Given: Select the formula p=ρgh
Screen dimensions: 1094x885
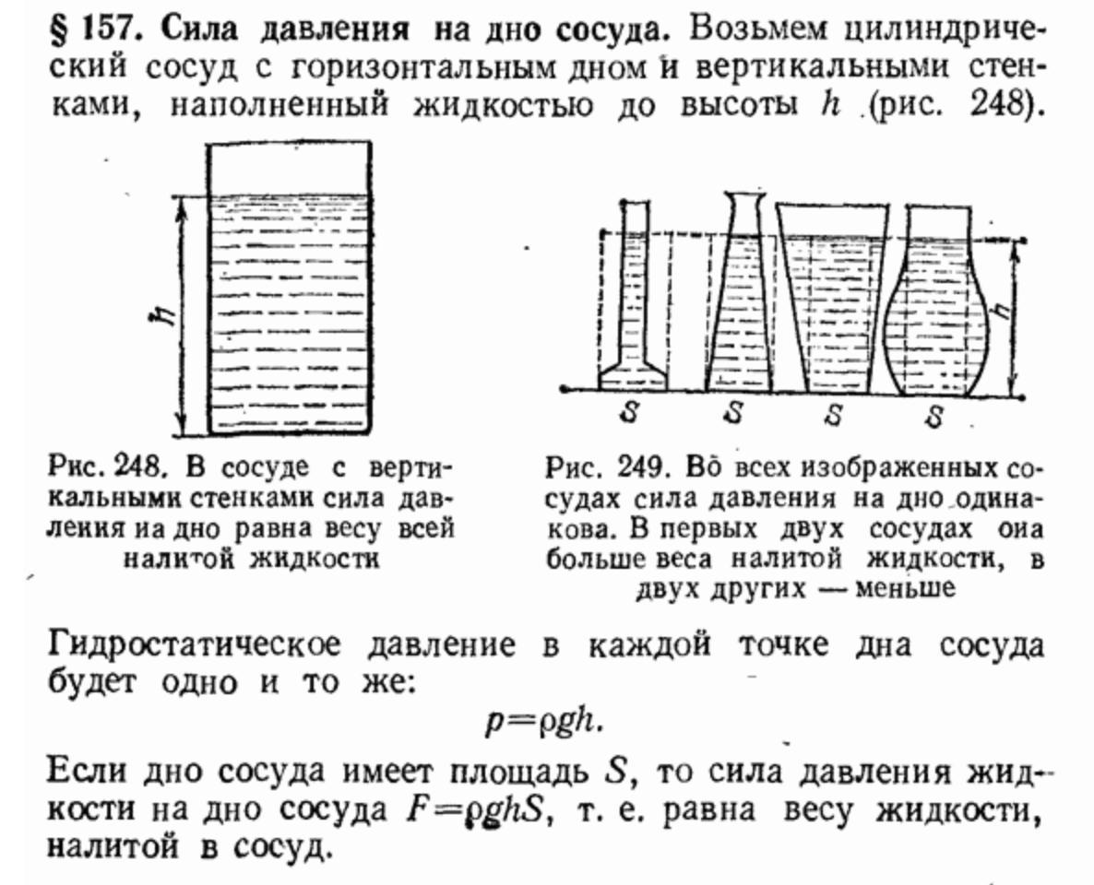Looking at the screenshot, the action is point(545,720).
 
